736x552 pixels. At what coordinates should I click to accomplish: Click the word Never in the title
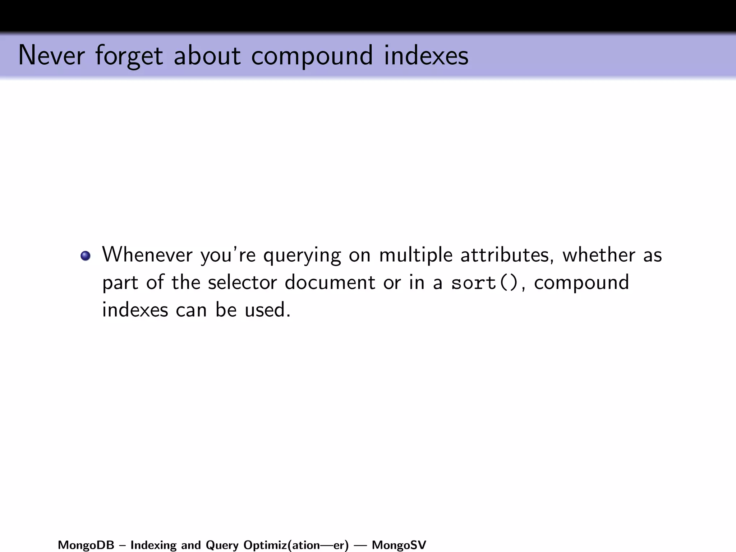[51, 55]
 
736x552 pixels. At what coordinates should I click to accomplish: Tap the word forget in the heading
[129, 56]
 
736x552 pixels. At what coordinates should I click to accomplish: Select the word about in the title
[207, 55]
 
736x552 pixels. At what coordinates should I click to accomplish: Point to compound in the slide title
[312, 56]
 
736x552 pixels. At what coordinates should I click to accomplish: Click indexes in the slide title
[426, 55]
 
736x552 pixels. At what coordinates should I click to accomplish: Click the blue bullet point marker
[86, 256]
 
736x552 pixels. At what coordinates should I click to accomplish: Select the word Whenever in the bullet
[147, 255]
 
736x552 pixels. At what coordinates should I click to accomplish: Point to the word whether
[598, 255]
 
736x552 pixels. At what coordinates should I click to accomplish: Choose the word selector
[242, 282]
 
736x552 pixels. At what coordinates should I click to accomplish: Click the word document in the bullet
[330, 282]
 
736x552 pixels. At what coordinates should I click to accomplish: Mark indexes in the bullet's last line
[135, 310]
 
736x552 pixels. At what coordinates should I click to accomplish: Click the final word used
[267, 310]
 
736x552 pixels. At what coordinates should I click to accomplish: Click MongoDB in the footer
[86, 545]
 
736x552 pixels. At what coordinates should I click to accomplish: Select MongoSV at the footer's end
[399, 545]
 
